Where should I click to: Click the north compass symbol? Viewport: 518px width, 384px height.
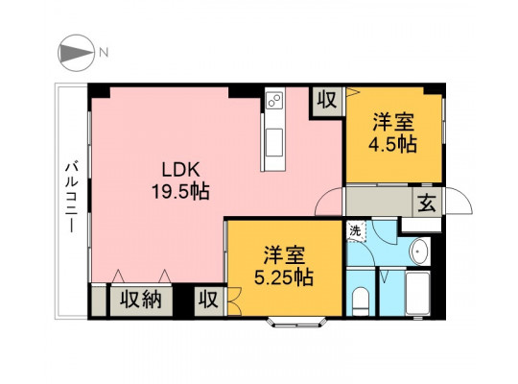coord(77,53)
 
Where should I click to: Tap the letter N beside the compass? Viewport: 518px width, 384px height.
coord(104,52)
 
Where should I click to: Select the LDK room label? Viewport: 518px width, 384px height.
coord(181,170)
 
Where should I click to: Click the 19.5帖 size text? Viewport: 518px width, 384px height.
coord(180,191)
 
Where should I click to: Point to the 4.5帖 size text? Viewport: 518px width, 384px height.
coord(392,144)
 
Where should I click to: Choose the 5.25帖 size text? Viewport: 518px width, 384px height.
coord(284,277)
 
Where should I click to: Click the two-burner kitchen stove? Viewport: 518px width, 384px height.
coord(275,100)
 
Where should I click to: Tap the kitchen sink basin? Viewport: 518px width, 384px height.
coord(274,142)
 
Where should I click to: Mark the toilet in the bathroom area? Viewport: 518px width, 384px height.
coord(361,300)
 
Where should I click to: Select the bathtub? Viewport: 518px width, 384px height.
coord(417,294)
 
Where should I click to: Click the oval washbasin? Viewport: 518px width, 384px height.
coord(419,251)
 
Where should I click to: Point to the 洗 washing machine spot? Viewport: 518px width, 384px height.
coord(356,230)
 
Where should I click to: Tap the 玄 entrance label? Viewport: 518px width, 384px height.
coord(427,203)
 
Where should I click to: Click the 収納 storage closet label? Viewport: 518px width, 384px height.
coord(140,300)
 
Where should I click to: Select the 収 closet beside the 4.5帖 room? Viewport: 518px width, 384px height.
coord(327,99)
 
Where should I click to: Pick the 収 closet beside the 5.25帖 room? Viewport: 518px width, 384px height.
coord(208,300)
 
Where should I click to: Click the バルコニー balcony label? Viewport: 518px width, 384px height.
coord(71,197)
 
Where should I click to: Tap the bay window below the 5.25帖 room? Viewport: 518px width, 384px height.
coord(296,323)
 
